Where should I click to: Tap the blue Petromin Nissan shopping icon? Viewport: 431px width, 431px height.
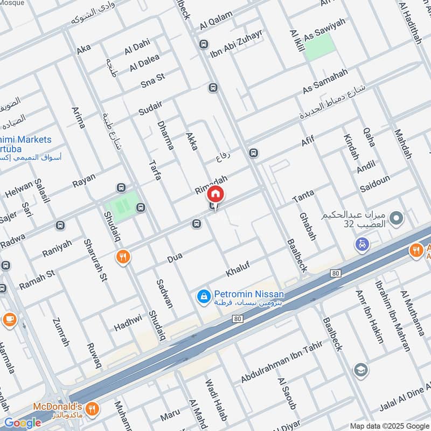(204, 296)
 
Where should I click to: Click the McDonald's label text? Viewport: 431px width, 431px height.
(58, 406)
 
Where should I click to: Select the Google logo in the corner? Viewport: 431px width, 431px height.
(22, 423)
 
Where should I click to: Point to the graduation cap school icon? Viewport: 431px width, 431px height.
(360, 370)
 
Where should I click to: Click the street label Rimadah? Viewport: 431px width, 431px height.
(211, 185)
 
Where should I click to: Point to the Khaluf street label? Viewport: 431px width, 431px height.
(238, 269)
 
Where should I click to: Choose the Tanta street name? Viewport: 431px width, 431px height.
(303, 196)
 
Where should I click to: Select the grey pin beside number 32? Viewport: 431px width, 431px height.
(397, 219)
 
